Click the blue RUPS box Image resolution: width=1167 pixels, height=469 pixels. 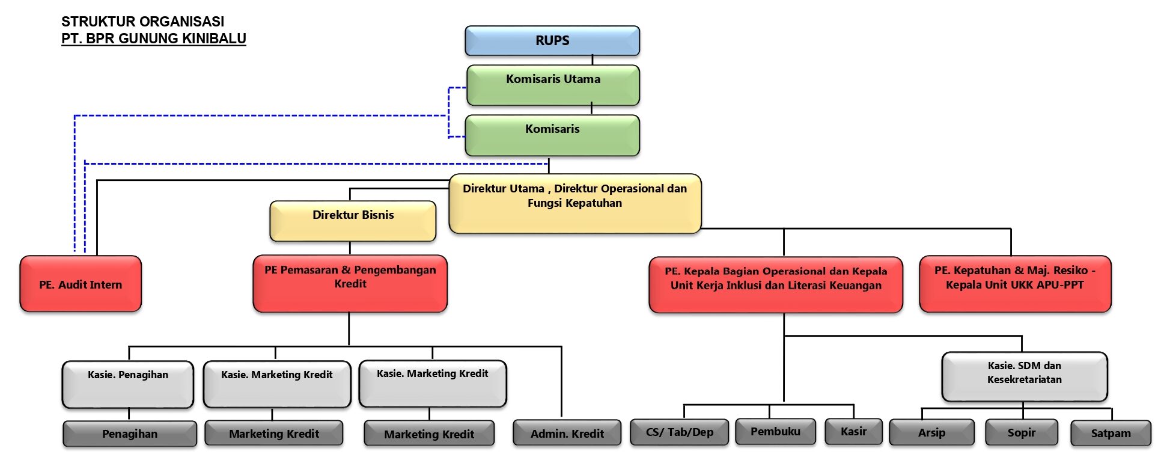(552, 41)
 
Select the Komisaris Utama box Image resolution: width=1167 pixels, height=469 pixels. (553, 85)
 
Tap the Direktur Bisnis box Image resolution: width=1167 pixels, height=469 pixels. (353, 221)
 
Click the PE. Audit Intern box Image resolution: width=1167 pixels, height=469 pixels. (81, 284)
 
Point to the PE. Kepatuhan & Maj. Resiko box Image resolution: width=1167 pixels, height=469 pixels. (1015, 284)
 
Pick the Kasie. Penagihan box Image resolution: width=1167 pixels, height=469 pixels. (128, 384)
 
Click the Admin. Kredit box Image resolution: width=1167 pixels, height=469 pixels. (567, 433)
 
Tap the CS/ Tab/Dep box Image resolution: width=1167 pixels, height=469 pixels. (679, 432)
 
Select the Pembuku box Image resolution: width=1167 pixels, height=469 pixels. (775, 432)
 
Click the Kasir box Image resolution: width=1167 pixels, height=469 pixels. (853, 432)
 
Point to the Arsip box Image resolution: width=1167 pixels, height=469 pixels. (931, 432)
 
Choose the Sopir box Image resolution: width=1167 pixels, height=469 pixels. (1021, 432)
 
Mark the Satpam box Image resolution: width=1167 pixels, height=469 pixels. (1111, 433)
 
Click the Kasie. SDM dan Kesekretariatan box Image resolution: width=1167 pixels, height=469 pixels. (1024, 376)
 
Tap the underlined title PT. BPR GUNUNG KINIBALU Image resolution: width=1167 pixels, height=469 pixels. (154, 38)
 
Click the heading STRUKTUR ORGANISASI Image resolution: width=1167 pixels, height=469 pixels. (142, 22)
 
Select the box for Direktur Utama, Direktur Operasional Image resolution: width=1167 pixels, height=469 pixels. (575, 203)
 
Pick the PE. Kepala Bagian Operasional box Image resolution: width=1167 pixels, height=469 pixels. (776, 284)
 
